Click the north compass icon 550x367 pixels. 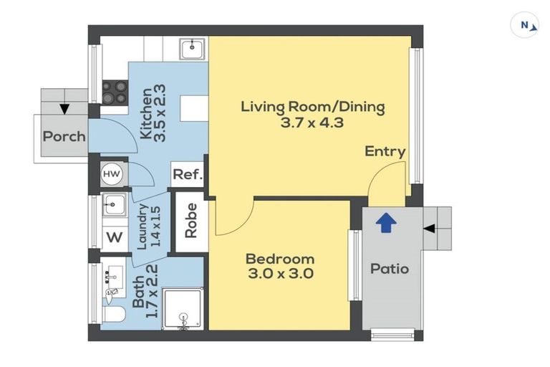(x=524, y=25)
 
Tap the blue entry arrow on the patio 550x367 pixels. (x=386, y=223)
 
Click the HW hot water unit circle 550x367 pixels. (x=112, y=174)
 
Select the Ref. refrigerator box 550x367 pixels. (x=188, y=174)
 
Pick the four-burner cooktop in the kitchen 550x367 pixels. (x=115, y=92)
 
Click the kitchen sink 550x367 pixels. (x=192, y=49)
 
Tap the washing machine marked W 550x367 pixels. (x=115, y=238)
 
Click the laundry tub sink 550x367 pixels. (x=114, y=204)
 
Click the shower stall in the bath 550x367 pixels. (x=183, y=309)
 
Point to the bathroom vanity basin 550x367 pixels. (x=115, y=277)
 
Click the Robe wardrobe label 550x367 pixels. (x=191, y=221)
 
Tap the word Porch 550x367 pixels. (x=64, y=136)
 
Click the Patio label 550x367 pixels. (x=390, y=269)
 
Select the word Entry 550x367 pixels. (x=385, y=152)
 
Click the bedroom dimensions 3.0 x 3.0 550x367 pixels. (x=281, y=273)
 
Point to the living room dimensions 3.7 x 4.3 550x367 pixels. (x=312, y=123)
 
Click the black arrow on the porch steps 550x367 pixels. (x=64, y=109)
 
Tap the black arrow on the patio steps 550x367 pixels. (x=430, y=229)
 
